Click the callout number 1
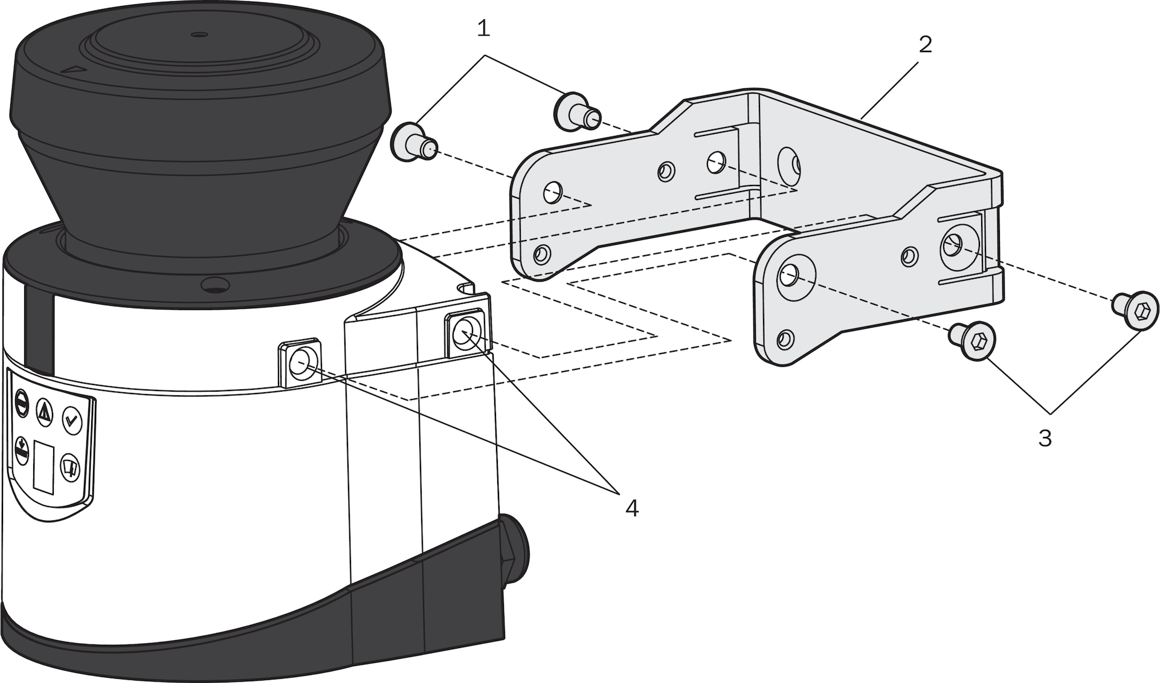click(483, 28)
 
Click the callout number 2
click(925, 44)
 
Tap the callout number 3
click(1045, 438)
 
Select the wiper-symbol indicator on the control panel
click(71, 467)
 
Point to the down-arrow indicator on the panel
click(22, 450)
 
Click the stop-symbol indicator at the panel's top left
click(21, 401)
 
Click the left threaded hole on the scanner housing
click(299, 364)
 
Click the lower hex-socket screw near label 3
click(973, 340)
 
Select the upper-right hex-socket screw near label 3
click(1136, 310)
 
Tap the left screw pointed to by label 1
click(413, 143)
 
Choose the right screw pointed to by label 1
click(576, 110)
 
